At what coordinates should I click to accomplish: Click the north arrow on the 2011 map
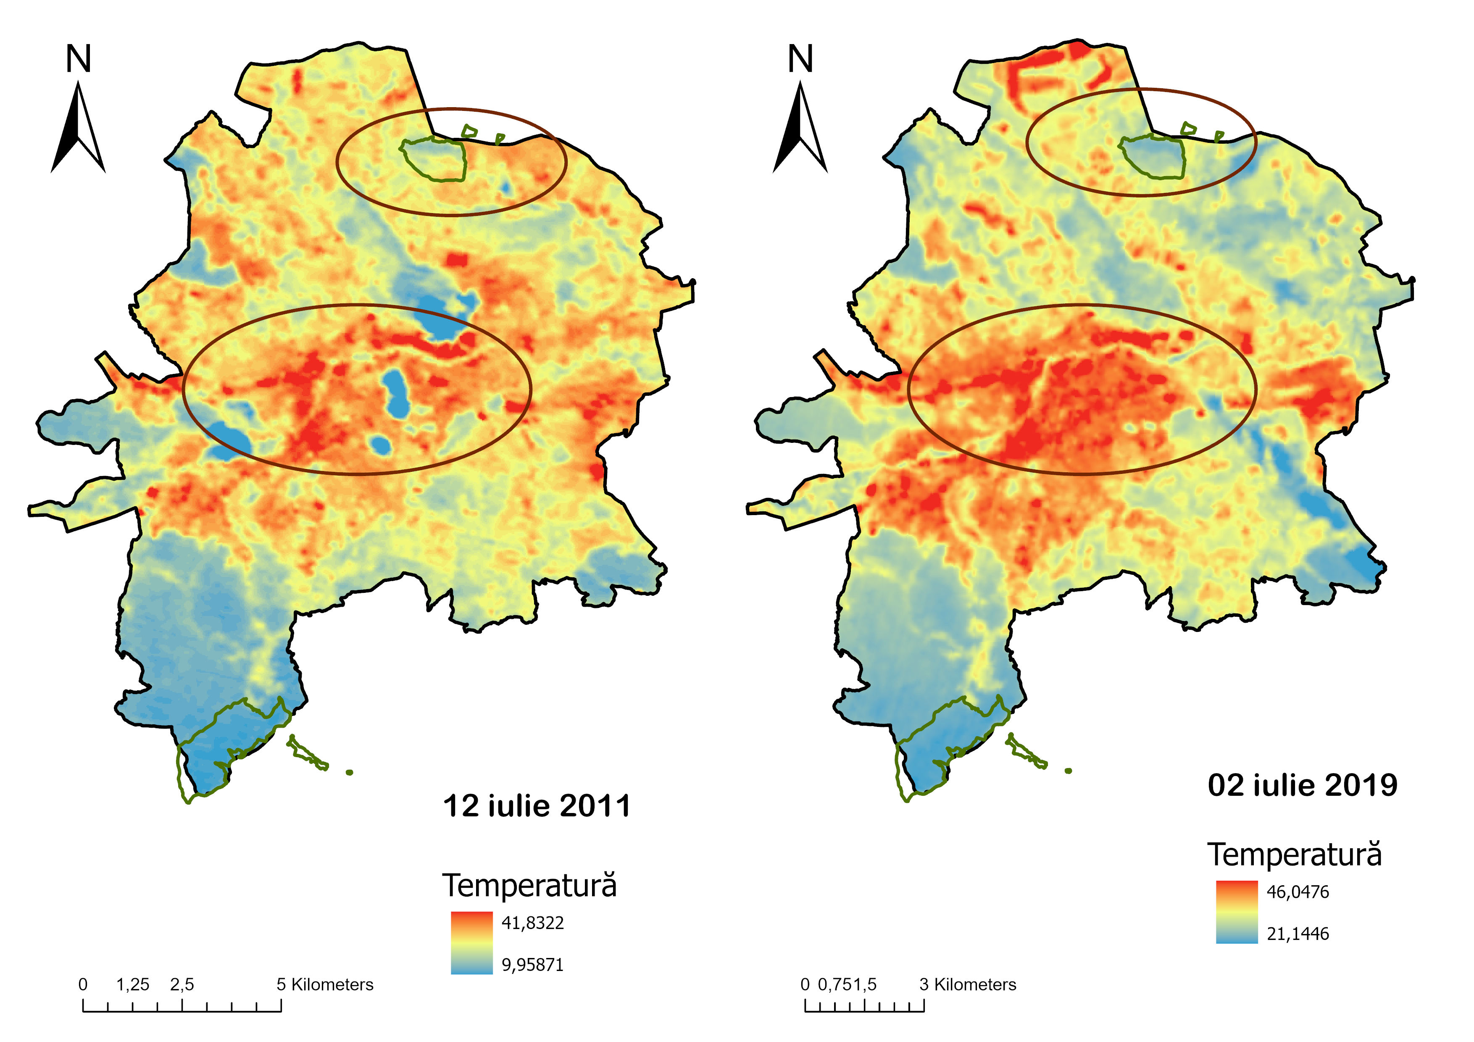pos(78,129)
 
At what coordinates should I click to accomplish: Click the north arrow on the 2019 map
pos(800,129)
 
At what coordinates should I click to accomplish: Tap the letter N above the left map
pos(78,59)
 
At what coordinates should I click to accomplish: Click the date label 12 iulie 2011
pos(537,806)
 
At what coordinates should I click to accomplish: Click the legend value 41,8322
pos(532,923)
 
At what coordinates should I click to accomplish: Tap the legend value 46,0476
pos(1298,892)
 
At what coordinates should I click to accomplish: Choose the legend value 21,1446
pos(1298,934)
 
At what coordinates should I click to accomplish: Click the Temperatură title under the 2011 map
pos(529,886)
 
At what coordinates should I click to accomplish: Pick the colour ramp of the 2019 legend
pos(1237,912)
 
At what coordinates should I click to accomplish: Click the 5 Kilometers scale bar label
pos(325,984)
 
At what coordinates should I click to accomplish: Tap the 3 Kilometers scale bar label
pos(968,984)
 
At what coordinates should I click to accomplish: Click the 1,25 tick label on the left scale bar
pos(132,984)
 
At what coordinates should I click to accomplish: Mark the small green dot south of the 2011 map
pos(349,772)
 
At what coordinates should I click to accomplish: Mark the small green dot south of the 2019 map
pos(1068,771)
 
